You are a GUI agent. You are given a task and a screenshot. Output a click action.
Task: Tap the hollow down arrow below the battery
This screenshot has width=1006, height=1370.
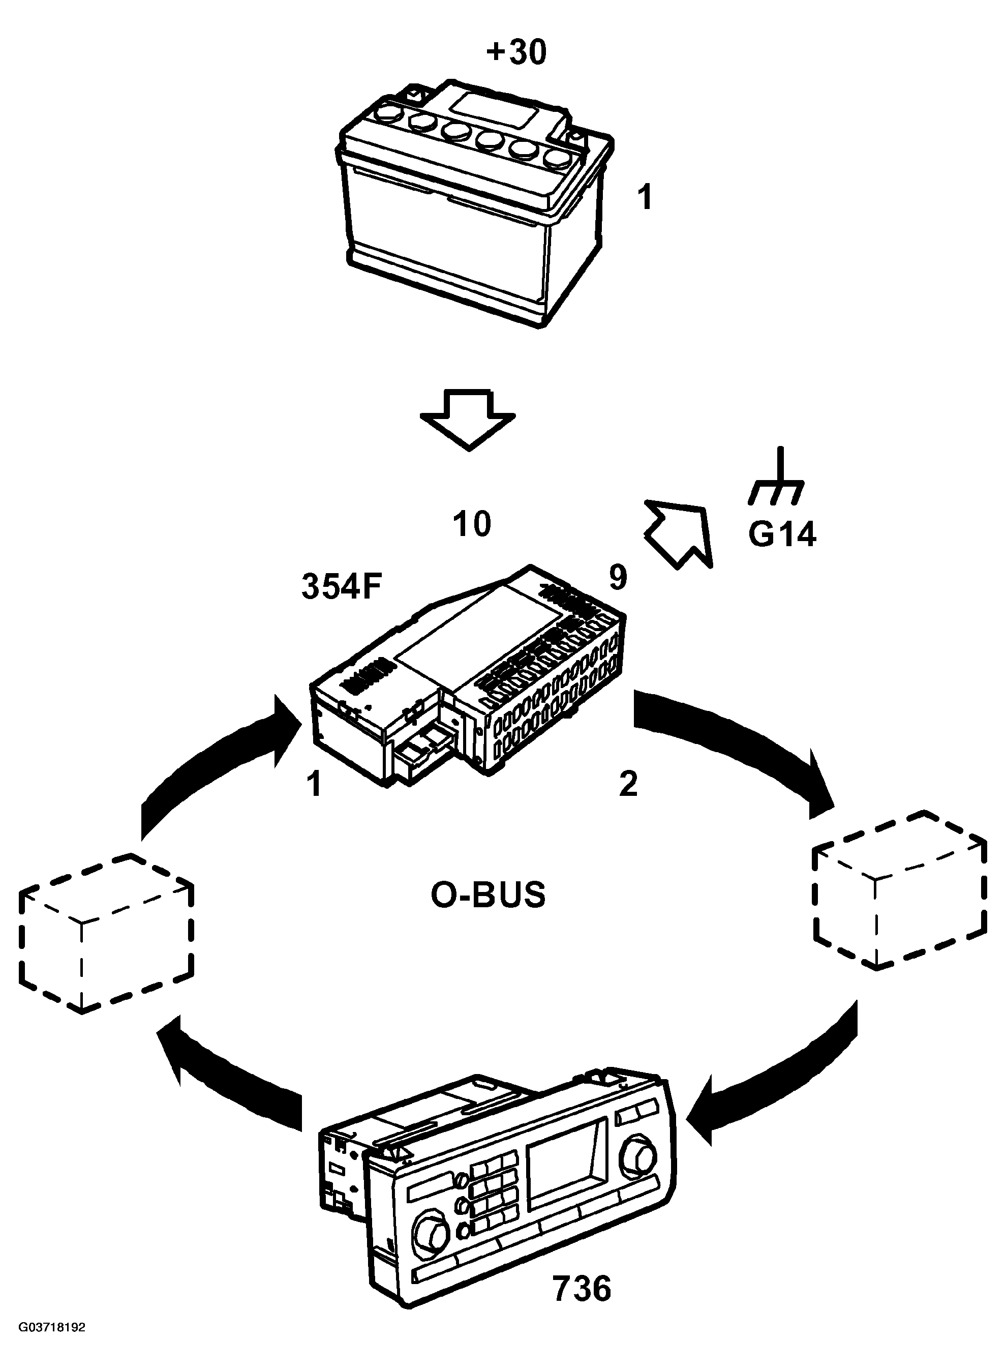(468, 421)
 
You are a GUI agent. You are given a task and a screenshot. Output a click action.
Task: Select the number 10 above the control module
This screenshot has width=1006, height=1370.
(472, 524)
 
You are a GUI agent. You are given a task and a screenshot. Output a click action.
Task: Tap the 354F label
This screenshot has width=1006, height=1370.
(341, 587)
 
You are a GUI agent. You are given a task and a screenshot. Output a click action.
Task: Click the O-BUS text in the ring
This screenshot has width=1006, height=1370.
(488, 896)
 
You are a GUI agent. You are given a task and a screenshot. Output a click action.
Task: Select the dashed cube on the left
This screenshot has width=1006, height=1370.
(107, 933)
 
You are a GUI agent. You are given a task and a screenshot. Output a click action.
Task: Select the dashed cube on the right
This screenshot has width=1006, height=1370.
(900, 889)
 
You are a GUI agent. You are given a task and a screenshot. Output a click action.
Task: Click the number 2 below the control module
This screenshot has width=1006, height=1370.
(628, 784)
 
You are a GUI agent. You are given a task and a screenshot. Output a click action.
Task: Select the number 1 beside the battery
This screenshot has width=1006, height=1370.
(644, 198)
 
